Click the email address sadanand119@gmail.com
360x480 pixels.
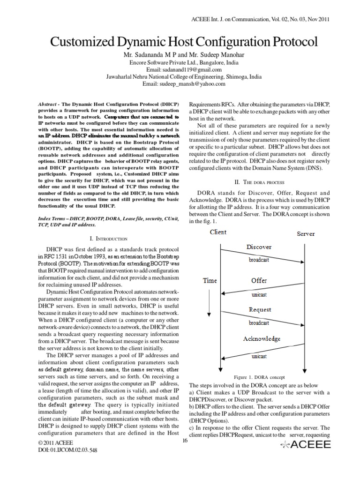coord(180,69)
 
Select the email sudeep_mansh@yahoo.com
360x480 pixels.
coord(180,83)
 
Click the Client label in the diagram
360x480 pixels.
coord(218,232)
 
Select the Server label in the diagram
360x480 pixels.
coord(306,233)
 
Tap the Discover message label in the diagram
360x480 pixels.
coord(259,247)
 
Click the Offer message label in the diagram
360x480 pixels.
coord(259,280)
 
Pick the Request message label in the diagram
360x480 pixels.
coord(260,309)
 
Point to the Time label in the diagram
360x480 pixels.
coord(210,281)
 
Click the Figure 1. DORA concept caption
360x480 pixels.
coord(259,377)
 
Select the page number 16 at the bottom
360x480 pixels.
coord(184,440)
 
